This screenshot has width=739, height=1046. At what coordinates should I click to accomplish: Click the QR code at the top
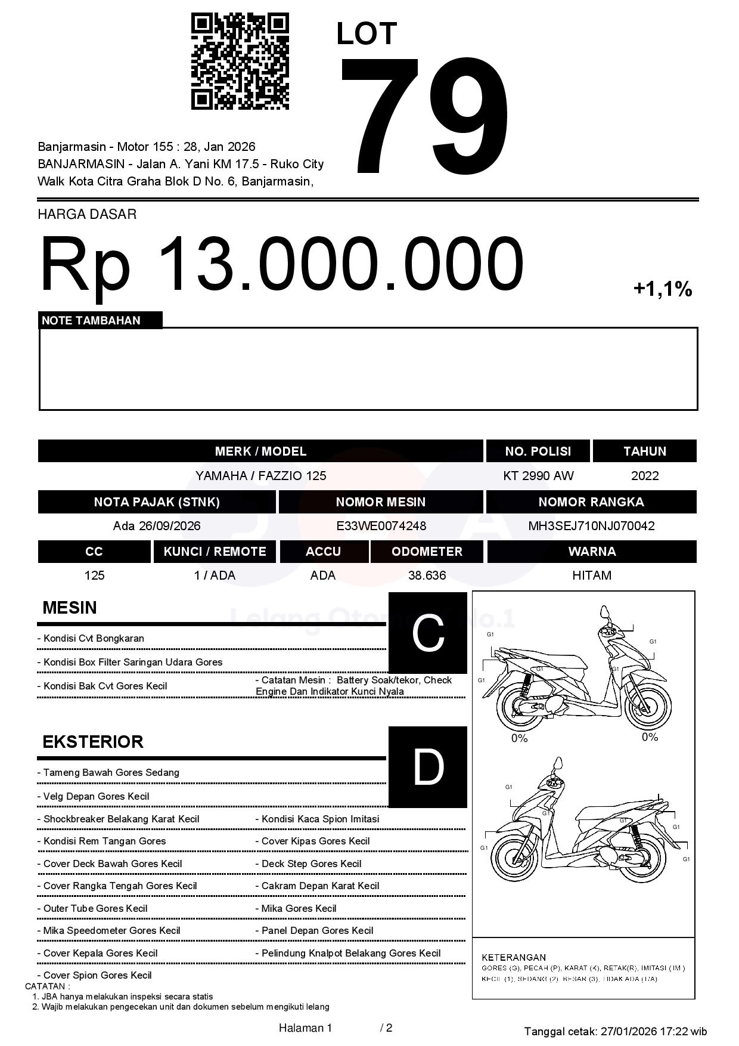(x=240, y=61)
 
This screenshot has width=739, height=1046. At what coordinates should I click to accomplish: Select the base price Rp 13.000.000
(x=281, y=263)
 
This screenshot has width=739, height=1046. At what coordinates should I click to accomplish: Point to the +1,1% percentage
(x=662, y=290)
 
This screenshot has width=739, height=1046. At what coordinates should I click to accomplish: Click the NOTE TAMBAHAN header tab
(x=91, y=320)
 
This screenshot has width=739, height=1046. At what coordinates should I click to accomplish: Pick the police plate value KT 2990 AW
(x=538, y=476)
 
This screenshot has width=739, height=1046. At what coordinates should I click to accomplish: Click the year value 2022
(x=645, y=476)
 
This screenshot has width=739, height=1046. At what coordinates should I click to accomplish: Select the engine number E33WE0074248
(x=381, y=526)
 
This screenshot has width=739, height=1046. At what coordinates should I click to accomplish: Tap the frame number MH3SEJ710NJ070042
(x=591, y=526)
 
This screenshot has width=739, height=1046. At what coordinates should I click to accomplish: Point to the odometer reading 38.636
(x=427, y=575)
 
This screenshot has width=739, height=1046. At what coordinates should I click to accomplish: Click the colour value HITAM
(x=591, y=575)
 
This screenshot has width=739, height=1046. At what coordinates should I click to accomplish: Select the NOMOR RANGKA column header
(x=591, y=502)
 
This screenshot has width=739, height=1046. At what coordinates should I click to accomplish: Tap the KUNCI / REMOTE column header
(x=215, y=552)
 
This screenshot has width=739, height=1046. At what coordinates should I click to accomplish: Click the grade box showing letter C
(x=428, y=633)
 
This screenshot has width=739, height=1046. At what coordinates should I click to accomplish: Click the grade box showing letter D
(x=428, y=767)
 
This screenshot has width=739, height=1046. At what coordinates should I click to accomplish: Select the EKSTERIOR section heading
(x=93, y=742)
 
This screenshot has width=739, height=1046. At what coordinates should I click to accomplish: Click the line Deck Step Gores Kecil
(x=311, y=864)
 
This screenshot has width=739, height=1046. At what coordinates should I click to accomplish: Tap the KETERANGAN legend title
(x=514, y=957)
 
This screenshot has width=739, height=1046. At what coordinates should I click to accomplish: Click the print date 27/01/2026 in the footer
(x=628, y=1031)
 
